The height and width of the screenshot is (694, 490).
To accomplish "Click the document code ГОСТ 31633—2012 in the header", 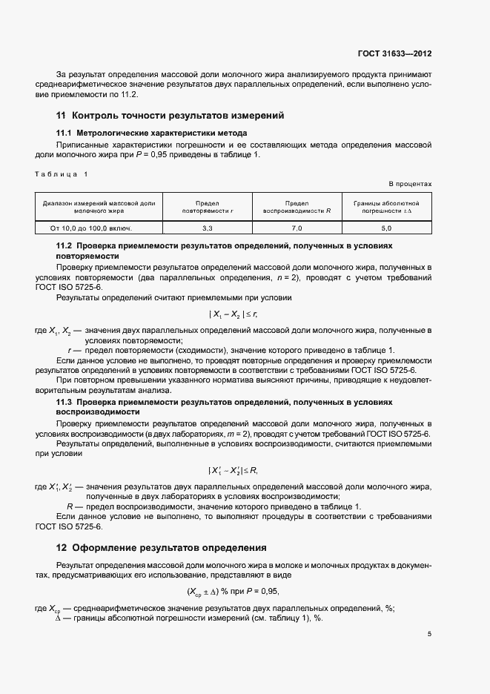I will coord(394,53).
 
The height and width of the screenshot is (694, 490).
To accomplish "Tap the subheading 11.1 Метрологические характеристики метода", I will coord(147,133).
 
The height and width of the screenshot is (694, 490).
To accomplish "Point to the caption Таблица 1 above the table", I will coord(62,174).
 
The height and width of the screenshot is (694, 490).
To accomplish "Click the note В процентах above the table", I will coord(410,184).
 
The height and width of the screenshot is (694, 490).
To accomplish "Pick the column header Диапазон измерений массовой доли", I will coord(99,207).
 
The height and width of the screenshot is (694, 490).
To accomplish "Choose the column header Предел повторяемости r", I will coord(208,207).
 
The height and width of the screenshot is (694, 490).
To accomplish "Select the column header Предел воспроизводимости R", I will coord(297,207).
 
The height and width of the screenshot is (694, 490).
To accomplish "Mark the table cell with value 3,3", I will coord(208,228).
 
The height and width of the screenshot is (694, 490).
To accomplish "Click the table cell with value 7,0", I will coord(297,228).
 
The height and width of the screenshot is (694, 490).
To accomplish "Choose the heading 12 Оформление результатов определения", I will coord(161,548).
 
